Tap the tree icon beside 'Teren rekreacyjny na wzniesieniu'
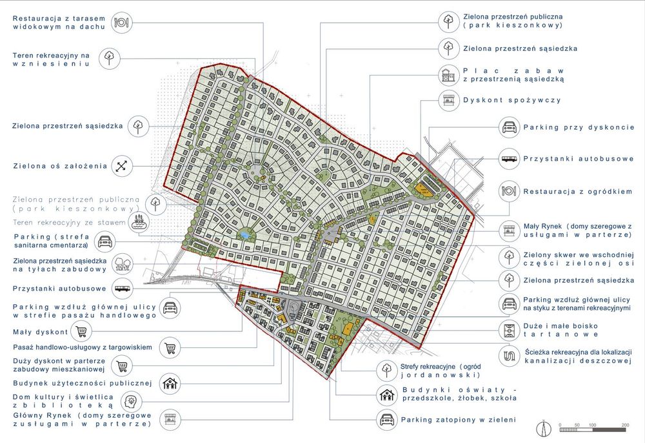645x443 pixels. [x=110, y=59]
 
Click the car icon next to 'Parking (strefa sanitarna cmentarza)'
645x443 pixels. [x=104, y=243]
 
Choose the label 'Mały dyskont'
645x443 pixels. [x=40, y=333]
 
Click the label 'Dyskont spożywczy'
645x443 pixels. [x=511, y=101]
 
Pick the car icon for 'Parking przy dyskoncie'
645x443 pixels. [x=509, y=128]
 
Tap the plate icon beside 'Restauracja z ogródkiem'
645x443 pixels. [x=509, y=191]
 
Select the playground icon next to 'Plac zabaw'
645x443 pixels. [x=447, y=75]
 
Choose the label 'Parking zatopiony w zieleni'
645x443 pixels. [x=458, y=420]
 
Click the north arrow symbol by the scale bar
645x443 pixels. [x=546, y=428]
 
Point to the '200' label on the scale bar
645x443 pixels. [x=624, y=425]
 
